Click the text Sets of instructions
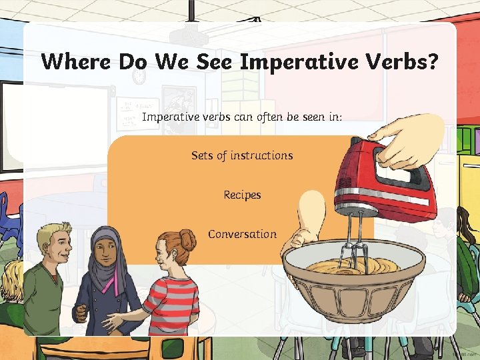click(x=242, y=155)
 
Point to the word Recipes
click(x=242, y=195)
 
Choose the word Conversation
click(x=242, y=234)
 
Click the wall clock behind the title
click(x=139, y=77)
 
